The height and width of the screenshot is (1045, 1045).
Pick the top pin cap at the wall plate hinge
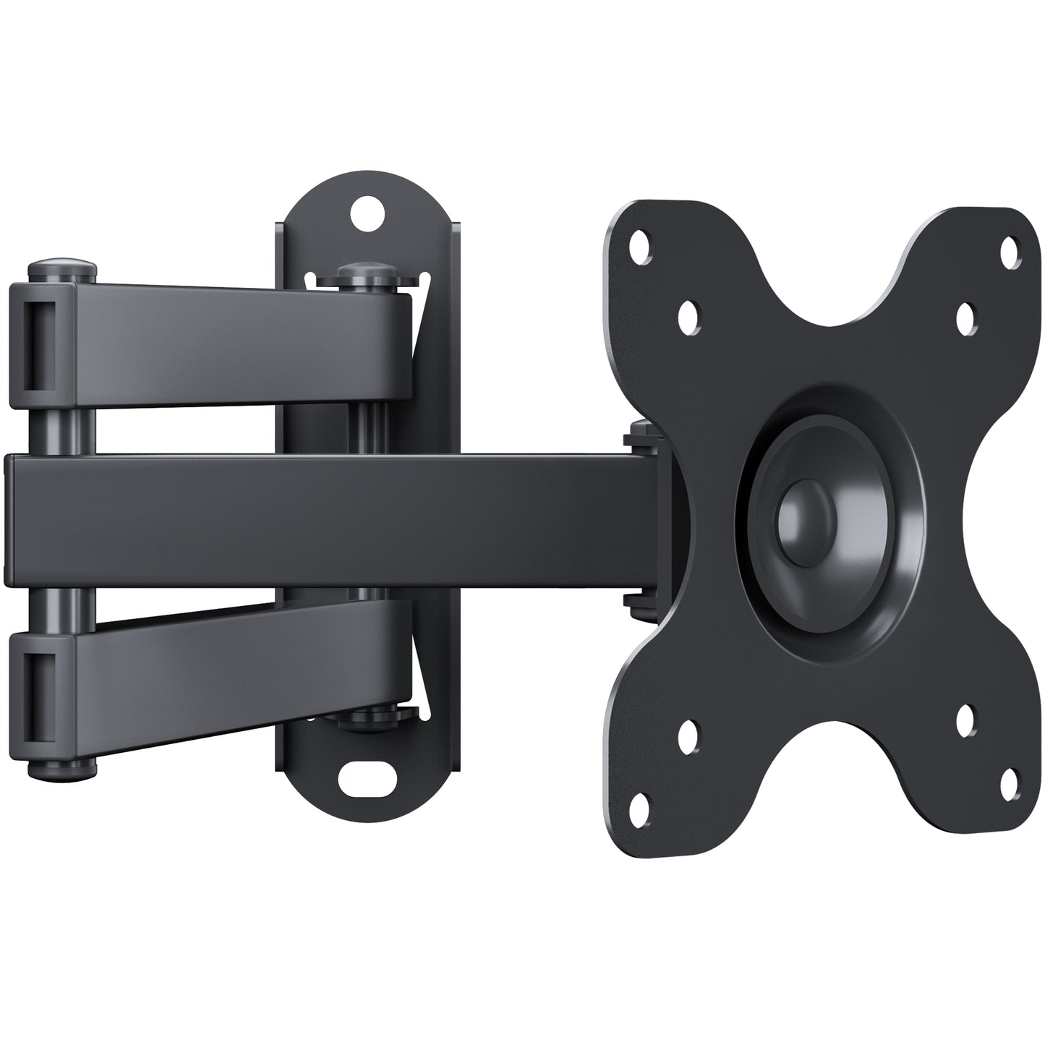pos(366,275)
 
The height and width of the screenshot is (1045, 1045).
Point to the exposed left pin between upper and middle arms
pos(62,431)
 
